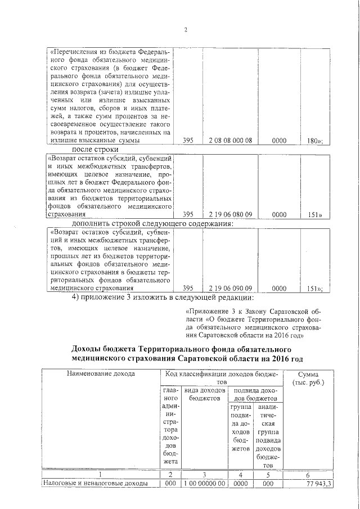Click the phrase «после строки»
[94, 150]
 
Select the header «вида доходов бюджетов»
[205, 394]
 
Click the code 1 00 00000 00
[205, 483]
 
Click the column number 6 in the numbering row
[313, 474]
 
